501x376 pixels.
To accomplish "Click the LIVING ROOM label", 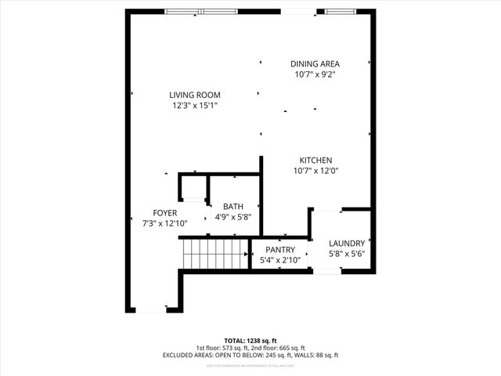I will [x=195, y=95].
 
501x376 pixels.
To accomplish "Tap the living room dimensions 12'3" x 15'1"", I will [x=195, y=105].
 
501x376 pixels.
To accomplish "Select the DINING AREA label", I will [x=315, y=64].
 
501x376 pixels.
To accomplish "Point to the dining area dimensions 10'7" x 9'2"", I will [x=315, y=74].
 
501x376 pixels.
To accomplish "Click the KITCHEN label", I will [x=315, y=160].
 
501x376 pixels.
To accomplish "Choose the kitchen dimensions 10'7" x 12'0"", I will [x=315, y=170].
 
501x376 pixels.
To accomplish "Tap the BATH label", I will [x=233, y=207].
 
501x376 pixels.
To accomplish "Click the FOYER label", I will [x=164, y=212].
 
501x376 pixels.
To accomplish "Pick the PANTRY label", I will [x=279, y=249].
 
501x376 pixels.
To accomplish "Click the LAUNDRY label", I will [x=347, y=243].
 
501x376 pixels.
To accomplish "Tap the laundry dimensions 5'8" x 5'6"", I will [x=347, y=254].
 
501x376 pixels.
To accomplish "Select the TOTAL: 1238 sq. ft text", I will [x=250, y=342].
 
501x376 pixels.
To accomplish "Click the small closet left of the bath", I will [x=193, y=188].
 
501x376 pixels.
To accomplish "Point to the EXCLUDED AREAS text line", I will [x=250, y=355].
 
